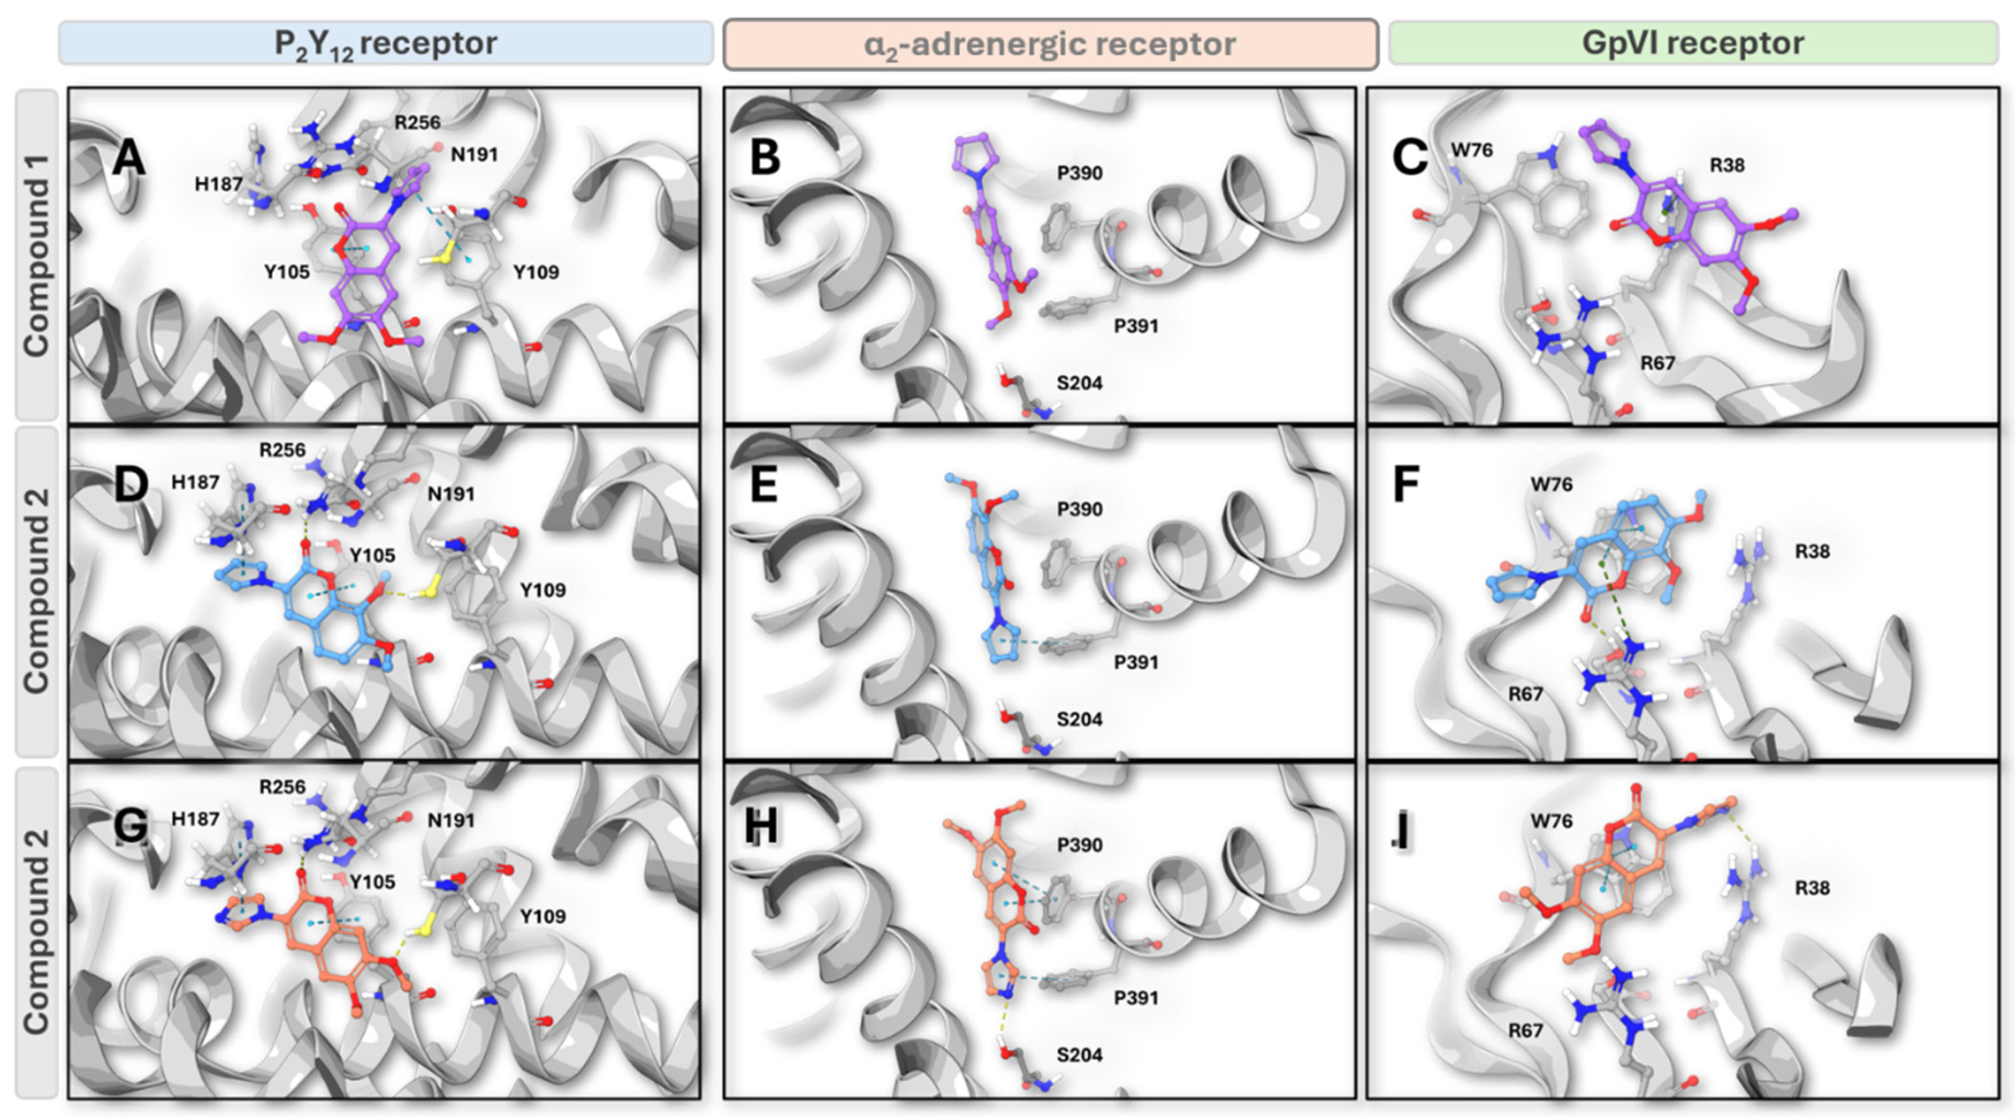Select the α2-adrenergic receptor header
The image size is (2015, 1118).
click(1050, 44)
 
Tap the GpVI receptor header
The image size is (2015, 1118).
click(1693, 43)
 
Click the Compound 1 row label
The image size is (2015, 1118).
click(36, 255)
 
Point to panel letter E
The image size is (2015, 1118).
click(764, 484)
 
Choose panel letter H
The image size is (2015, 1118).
click(761, 825)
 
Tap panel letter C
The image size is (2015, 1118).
click(1410, 158)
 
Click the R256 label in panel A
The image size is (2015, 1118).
click(417, 123)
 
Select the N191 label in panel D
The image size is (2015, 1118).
click(451, 494)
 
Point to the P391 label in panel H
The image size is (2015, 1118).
click(1136, 997)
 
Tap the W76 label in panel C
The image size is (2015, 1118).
click(1472, 150)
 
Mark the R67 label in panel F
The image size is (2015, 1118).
click(1526, 693)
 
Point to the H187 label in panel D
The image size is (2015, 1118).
click(195, 482)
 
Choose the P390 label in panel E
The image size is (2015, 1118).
click(1080, 510)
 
